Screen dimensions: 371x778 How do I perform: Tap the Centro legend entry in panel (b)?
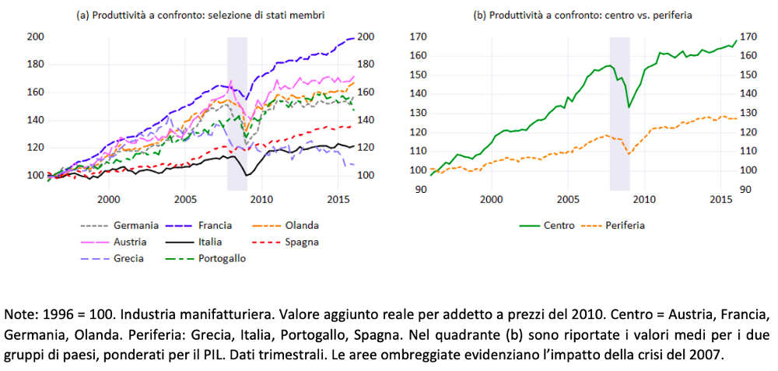[560, 226]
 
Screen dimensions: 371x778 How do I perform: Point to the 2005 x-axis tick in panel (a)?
[185, 199]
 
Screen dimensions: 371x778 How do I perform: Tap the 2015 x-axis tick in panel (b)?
[720, 199]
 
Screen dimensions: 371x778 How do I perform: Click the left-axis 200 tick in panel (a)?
[34, 37]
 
